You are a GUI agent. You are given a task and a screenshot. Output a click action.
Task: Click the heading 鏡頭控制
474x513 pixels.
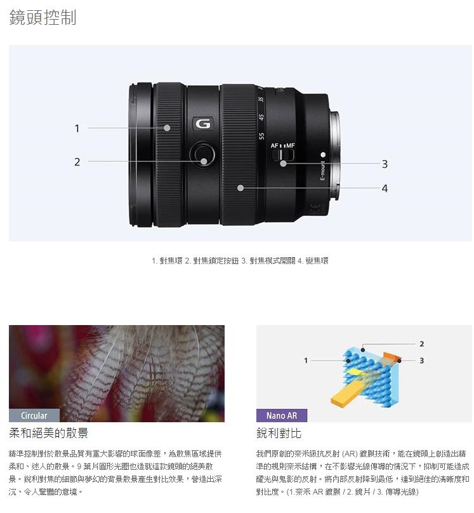(x=43, y=17)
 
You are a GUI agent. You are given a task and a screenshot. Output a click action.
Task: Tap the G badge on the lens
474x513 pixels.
(x=202, y=124)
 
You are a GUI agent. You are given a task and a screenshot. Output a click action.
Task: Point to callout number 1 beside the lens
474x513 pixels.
(x=77, y=128)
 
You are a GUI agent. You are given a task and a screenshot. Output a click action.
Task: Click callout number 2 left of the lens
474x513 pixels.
(x=77, y=162)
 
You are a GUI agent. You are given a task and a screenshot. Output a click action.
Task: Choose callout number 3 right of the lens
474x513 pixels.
(x=385, y=164)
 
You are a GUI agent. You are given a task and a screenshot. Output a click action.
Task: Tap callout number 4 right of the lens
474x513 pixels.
(x=385, y=188)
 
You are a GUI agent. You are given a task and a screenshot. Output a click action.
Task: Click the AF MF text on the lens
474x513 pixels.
(x=283, y=147)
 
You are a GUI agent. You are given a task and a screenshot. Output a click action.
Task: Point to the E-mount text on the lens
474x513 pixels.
(x=322, y=172)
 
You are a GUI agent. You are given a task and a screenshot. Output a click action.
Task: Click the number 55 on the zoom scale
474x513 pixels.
(x=261, y=135)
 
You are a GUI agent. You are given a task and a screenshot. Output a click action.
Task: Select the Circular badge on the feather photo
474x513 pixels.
(x=34, y=416)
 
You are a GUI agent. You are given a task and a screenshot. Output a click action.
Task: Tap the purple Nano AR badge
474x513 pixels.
(x=282, y=416)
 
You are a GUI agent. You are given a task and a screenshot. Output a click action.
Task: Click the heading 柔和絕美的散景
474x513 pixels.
(x=48, y=434)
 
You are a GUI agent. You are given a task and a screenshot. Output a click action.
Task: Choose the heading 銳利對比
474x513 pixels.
(x=279, y=434)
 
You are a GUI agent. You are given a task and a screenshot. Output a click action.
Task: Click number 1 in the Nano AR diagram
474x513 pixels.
(x=306, y=360)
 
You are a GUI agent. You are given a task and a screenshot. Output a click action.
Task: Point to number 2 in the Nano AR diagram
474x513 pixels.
(x=421, y=343)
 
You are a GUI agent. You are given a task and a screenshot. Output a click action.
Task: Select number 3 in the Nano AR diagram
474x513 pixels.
(x=421, y=361)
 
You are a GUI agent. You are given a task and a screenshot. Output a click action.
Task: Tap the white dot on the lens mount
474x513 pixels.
(x=323, y=155)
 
